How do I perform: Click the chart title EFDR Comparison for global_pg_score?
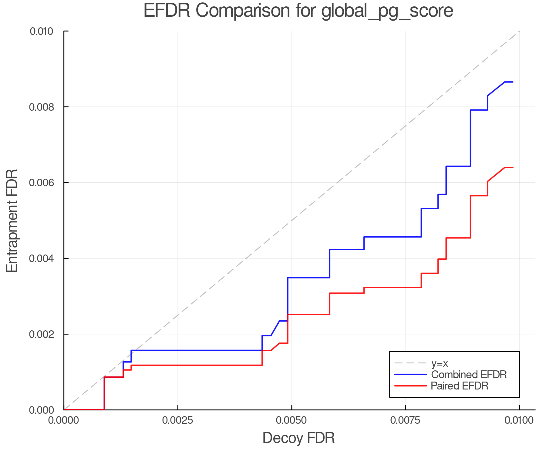[298, 11]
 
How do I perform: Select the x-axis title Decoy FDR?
[298, 438]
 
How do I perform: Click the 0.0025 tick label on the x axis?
[177, 420]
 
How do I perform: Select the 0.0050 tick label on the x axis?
[292, 420]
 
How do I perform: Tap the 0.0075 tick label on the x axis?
[406, 420]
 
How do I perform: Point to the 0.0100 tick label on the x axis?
[520, 420]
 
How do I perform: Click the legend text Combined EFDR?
[469, 375]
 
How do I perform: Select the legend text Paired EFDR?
[460, 386]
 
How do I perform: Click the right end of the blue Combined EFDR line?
[513, 82]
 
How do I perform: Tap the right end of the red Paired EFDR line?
[513, 167]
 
